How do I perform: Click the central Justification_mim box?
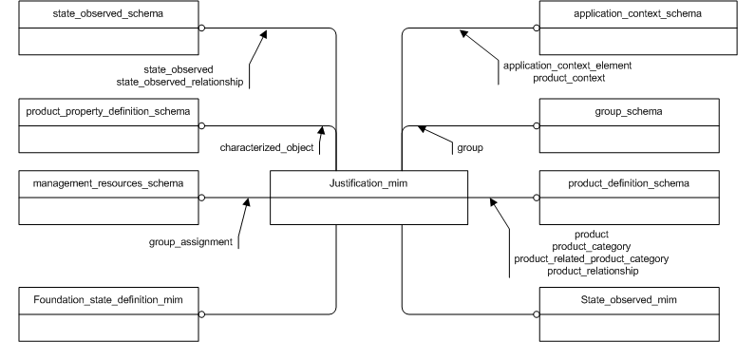[368, 198]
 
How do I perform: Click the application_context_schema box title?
[637, 15]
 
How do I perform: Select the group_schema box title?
[637, 112]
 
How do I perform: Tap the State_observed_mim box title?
[637, 300]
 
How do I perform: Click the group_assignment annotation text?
[191, 242]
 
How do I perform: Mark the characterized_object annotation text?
[267, 148]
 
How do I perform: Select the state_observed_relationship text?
[194, 83]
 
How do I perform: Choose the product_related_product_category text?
[591, 258]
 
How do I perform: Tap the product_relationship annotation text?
[592, 271]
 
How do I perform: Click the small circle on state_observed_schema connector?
[201, 28]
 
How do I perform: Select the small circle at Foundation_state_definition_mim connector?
[201, 313]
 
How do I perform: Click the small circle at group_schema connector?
[535, 125]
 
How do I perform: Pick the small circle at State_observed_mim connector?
[535, 313]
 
